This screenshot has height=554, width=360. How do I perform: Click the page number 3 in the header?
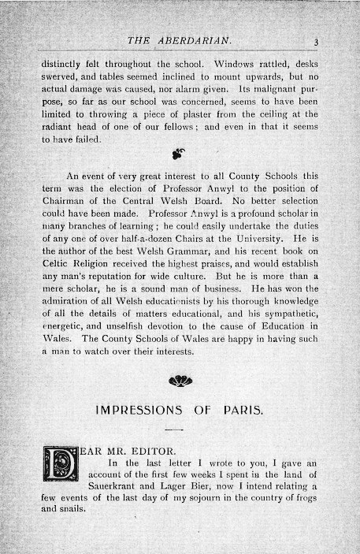pyautogui.click(x=314, y=43)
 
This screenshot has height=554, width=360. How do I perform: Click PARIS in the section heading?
pyautogui.click(x=242, y=411)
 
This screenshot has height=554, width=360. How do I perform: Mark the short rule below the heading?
pyautogui.click(x=175, y=429)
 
